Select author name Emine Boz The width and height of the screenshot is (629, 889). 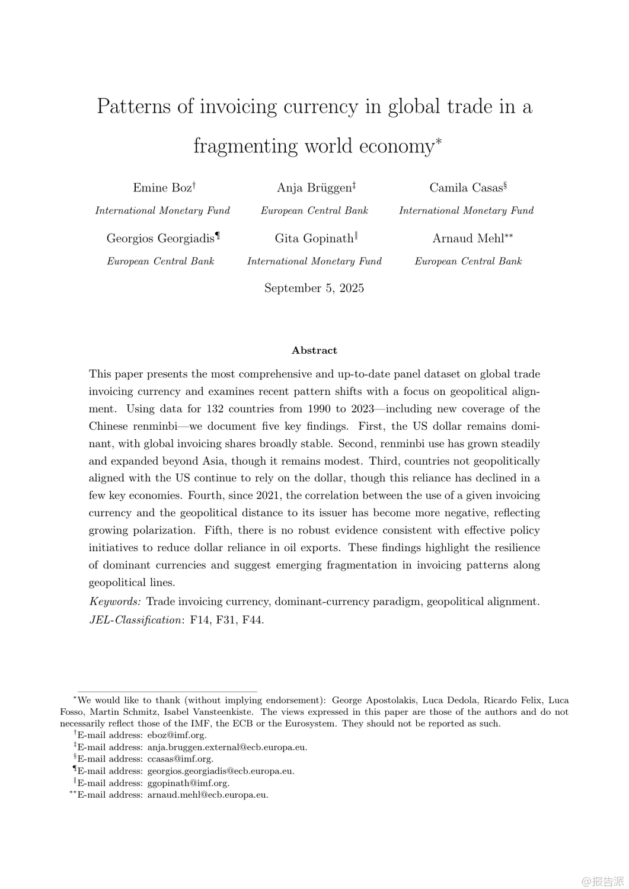click(x=162, y=188)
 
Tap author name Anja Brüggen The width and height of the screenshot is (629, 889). click(x=314, y=188)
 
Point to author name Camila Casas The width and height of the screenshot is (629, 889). click(x=466, y=188)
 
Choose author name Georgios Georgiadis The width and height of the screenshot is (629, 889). click(x=160, y=238)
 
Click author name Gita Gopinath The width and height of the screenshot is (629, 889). click(x=314, y=238)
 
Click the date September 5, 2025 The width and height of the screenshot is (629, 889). click(x=314, y=288)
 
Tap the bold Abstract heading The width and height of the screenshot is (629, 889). click(x=314, y=350)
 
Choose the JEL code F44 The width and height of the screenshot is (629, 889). click(x=253, y=620)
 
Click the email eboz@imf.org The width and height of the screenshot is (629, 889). click(x=177, y=735)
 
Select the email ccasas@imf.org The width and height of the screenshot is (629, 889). click(x=180, y=759)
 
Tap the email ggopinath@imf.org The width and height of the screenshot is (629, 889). click(x=188, y=783)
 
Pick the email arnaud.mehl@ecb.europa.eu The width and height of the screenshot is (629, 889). click(x=207, y=795)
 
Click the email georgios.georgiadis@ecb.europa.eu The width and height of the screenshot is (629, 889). click(x=221, y=771)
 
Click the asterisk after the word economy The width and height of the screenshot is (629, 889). click(x=439, y=142)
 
